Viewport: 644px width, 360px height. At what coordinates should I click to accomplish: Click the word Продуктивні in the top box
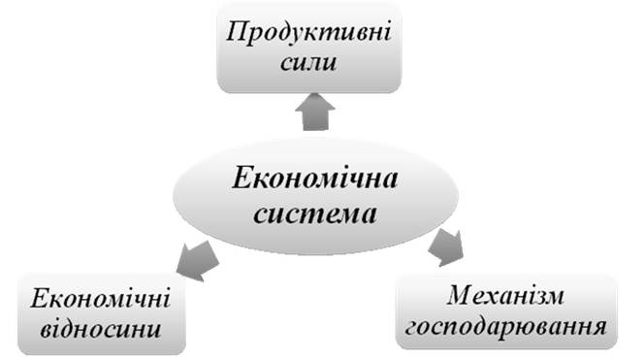tap(308, 32)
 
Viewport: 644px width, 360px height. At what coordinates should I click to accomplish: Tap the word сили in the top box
tap(308, 62)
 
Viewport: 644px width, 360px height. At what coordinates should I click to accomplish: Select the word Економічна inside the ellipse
tap(315, 179)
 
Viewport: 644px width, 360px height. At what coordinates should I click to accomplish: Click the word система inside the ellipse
tap(315, 213)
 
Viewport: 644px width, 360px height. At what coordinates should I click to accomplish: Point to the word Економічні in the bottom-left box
tap(101, 298)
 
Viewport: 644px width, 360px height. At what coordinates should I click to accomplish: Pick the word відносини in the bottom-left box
tap(100, 329)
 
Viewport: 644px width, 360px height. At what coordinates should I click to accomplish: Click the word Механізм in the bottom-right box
tap(505, 295)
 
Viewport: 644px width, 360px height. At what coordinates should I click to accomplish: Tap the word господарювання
tap(506, 328)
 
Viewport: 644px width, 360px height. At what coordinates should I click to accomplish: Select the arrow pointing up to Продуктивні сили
tap(315, 112)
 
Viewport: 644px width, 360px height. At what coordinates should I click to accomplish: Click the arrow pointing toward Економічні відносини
tap(197, 261)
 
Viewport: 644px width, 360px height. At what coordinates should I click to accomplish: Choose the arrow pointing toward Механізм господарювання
tap(446, 247)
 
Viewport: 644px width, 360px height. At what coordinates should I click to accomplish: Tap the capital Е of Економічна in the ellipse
tap(242, 179)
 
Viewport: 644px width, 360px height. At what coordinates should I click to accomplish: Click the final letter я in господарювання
tap(599, 328)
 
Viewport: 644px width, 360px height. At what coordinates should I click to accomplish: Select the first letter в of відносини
tap(48, 329)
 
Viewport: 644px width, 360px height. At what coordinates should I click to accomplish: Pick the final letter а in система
tap(369, 214)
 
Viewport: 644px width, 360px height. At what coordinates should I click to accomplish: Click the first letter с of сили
tap(287, 64)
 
